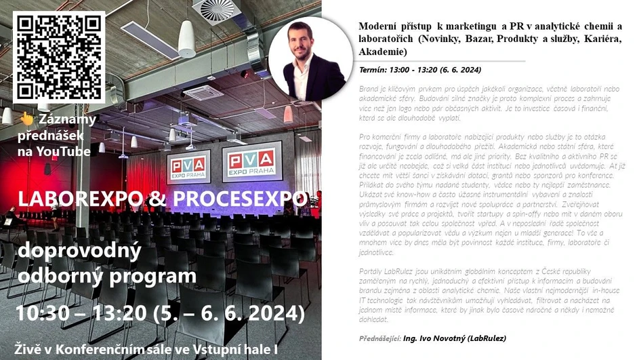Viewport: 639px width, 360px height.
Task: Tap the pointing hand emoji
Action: point(26,119)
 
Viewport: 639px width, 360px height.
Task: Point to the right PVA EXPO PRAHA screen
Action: point(251,163)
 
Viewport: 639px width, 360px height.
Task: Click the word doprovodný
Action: point(79,252)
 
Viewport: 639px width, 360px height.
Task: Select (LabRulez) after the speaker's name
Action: point(486,338)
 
